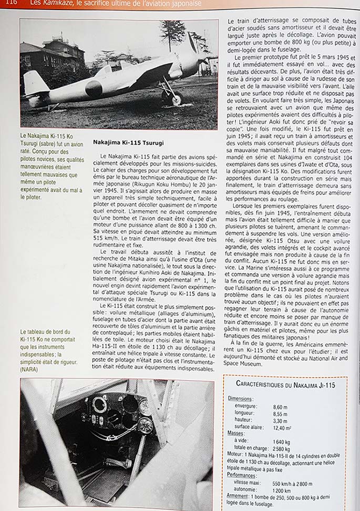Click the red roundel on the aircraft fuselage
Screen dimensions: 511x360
(x=94, y=88)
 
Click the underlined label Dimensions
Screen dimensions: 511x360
(x=240, y=399)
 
